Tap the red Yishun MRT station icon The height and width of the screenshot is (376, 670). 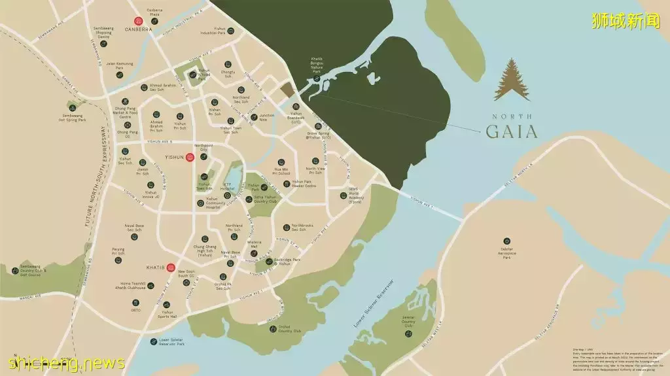tap(189, 157)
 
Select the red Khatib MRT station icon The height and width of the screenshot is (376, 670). tap(171, 267)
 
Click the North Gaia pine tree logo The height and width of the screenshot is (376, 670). tap(512, 80)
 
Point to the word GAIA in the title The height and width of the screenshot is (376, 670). tap(512, 131)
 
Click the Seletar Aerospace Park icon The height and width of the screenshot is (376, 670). tap(506, 241)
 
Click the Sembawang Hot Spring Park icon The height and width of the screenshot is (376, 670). tap(72, 108)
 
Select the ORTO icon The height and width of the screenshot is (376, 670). tap(136, 302)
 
